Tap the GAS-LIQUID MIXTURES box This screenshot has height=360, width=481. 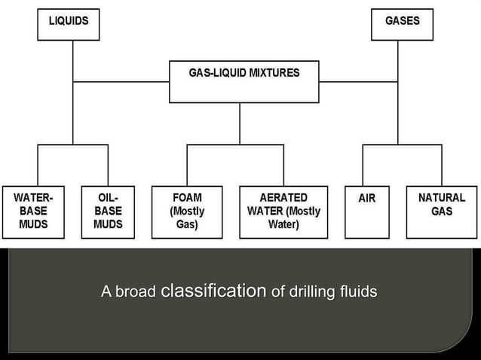click(x=244, y=81)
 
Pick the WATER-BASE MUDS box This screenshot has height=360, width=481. click(x=33, y=212)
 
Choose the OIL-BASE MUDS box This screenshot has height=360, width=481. click(x=108, y=212)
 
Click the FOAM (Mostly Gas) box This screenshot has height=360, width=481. click(x=187, y=212)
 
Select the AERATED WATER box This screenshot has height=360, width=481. click(x=283, y=212)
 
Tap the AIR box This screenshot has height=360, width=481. click(x=366, y=212)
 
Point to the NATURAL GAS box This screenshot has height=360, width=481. click(x=441, y=212)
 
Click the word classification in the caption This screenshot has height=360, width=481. click(x=213, y=291)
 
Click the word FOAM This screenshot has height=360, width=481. click(x=187, y=198)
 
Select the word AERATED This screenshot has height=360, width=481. click(x=283, y=198)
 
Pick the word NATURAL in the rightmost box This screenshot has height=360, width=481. click(x=441, y=198)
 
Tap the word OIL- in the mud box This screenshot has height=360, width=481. click(x=108, y=198)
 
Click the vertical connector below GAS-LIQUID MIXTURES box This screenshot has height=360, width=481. click(x=240, y=123)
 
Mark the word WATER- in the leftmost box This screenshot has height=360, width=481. click(x=33, y=198)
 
